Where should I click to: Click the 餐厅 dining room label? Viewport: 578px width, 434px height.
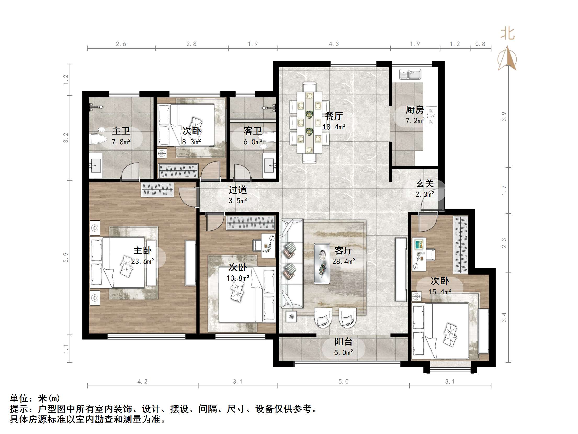pyautogui.click(x=334, y=116)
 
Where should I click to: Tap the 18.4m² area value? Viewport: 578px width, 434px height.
pyautogui.click(x=334, y=127)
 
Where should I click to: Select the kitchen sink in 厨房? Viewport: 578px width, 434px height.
pyautogui.click(x=410, y=74)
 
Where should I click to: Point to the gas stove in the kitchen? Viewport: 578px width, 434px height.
pyautogui.click(x=432, y=116)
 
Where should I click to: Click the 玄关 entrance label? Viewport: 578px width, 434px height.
pyautogui.click(x=425, y=183)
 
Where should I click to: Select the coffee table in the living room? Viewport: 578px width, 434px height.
pyautogui.click(x=322, y=263)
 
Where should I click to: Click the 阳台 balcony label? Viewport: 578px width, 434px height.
pyautogui.click(x=343, y=342)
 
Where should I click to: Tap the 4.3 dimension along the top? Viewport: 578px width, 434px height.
pyautogui.click(x=334, y=44)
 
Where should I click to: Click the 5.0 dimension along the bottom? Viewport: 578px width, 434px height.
pyautogui.click(x=343, y=382)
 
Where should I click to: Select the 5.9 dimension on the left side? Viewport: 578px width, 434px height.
pyautogui.click(x=66, y=257)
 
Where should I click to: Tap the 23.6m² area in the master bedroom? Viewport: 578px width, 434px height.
pyautogui.click(x=143, y=261)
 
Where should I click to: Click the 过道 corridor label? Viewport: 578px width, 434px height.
pyautogui.click(x=238, y=190)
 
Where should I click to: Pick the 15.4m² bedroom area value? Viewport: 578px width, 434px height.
pyautogui.click(x=440, y=292)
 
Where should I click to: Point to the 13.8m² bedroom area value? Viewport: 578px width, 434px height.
pyautogui.click(x=238, y=278)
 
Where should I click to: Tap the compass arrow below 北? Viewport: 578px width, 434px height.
pyautogui.click(x=507, y=59)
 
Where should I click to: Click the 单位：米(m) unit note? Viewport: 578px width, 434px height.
pyautogui.click(x=35, y=398)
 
